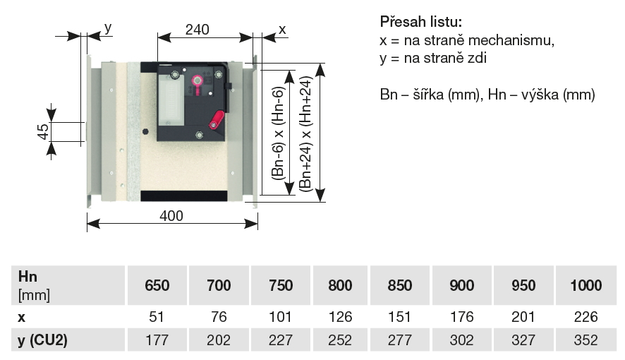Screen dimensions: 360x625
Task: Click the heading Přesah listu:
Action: tap(421, 22)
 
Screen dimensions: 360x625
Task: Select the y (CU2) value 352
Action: tap(585, 340)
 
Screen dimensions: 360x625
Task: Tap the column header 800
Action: tap(340, 286)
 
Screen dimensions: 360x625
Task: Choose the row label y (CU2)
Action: tap(43, 340)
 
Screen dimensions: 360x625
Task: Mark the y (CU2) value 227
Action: tap(280, 340)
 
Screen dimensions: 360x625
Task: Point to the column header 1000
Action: tap(585, 286)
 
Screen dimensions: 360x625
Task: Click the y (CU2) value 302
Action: tap(463, 340)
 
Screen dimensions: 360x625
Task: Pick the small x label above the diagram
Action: tap(281, 29)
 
